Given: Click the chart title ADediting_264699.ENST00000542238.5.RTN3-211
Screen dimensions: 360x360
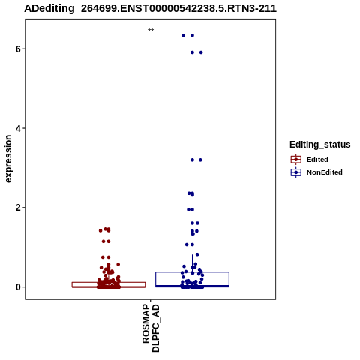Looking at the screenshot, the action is point(150,8).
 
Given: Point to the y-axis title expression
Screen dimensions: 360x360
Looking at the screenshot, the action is point(8,159).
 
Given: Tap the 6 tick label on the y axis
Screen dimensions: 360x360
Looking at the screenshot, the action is point(18,49).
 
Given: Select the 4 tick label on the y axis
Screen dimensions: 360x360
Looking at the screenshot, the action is point(18,128).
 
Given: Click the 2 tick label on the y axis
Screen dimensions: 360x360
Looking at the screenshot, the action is point(18,208).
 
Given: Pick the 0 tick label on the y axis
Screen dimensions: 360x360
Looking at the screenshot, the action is point(18,287).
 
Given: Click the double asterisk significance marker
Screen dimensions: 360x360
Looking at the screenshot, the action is point(151,30).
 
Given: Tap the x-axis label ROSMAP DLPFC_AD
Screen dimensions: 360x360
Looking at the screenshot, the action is point(151,328).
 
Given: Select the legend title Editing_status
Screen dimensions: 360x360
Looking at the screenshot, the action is point(320,145).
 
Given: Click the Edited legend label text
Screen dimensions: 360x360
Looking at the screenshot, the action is point(317,160).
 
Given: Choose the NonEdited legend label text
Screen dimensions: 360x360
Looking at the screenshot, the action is point(325,172).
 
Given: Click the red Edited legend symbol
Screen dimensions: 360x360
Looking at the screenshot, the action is point(296,160).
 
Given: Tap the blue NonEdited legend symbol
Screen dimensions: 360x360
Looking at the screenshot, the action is point(296,172).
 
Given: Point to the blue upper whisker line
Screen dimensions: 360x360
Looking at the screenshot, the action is point(192,263).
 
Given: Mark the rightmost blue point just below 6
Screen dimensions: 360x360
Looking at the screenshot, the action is point(201,52).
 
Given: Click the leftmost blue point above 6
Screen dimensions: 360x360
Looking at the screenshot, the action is point(183,35).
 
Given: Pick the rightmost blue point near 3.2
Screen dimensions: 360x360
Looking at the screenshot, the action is point(200,160).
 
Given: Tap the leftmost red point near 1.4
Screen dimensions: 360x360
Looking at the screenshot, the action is point(100,230).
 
